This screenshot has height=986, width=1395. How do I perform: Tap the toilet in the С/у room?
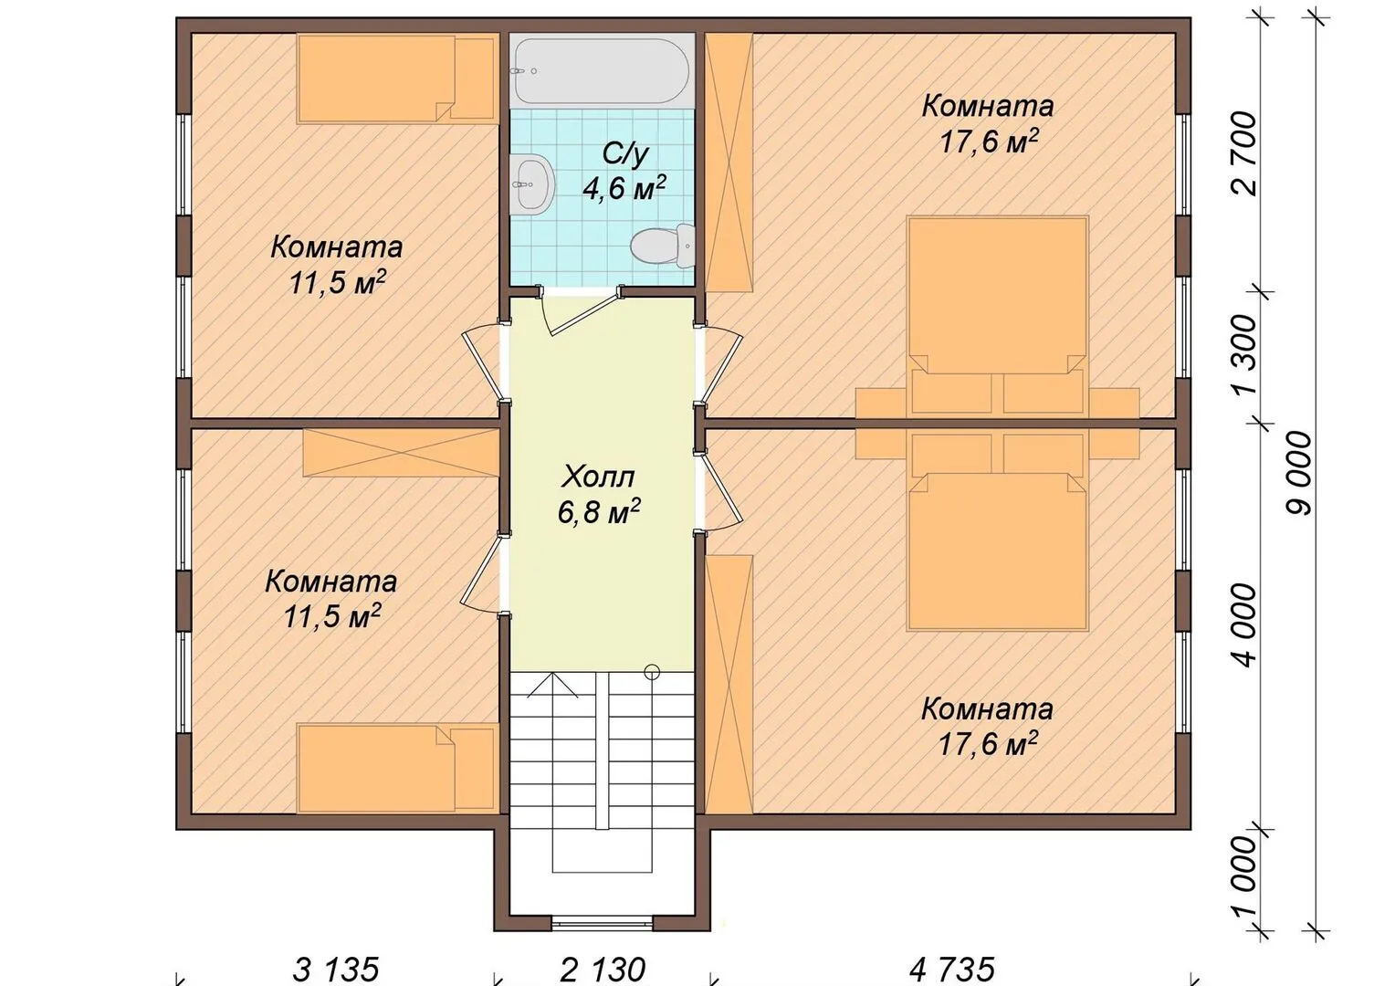662,245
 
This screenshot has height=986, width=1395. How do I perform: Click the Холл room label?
598,477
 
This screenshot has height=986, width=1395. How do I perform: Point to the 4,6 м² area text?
624,187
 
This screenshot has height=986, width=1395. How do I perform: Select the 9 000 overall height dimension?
1298,474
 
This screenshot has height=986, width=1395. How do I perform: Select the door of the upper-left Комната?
484,364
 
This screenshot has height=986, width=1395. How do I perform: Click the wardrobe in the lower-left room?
401,453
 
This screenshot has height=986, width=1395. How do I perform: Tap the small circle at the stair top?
652,671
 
